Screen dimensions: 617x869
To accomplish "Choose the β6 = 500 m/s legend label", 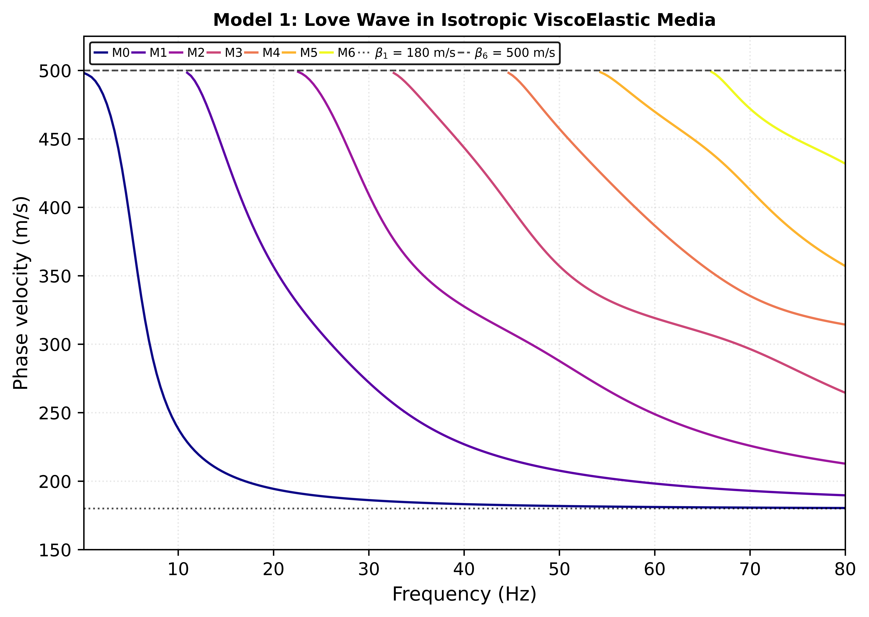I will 515,53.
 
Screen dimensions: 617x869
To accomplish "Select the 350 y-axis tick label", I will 55,276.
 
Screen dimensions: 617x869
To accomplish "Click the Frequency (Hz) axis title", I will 464,594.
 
